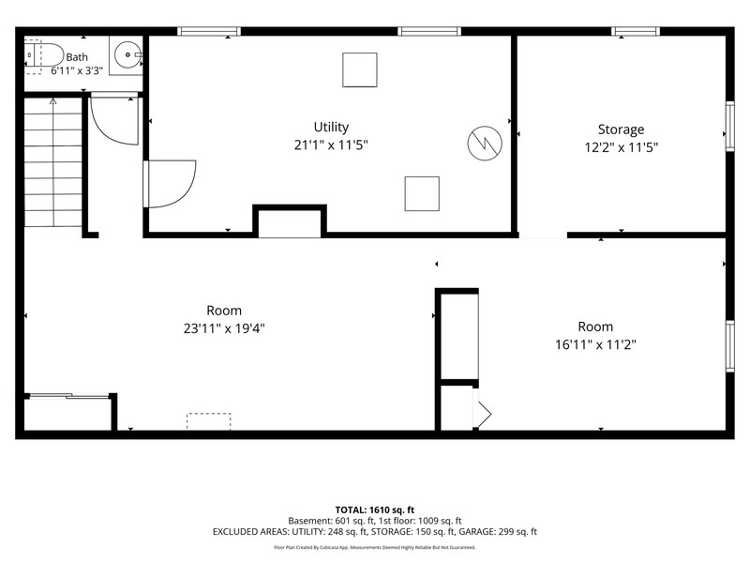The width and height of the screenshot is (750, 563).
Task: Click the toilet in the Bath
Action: point(44,56)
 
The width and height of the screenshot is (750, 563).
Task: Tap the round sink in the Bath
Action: point(127,55)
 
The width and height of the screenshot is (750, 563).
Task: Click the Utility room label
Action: point(331,127)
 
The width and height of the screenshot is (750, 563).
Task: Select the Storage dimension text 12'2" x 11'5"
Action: point(621,147)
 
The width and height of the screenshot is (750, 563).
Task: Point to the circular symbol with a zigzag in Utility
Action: point(485,144)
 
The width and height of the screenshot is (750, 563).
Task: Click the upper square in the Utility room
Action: point(360,69)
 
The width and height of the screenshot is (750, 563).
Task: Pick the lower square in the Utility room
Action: point(422,193)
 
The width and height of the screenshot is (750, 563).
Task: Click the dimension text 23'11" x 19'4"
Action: point(224,328)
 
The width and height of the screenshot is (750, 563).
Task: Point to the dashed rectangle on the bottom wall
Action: point(208,421)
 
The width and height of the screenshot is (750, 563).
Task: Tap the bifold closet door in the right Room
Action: point(482,413)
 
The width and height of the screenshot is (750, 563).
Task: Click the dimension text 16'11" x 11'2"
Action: point(595,344)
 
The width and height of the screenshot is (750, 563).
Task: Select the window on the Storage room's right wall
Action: point(730,127)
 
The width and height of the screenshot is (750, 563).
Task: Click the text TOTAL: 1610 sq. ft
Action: point(374,510)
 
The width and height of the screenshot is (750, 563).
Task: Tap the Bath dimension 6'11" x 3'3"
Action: point(77,71)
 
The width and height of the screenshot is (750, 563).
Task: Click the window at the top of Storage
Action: point(636,32)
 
